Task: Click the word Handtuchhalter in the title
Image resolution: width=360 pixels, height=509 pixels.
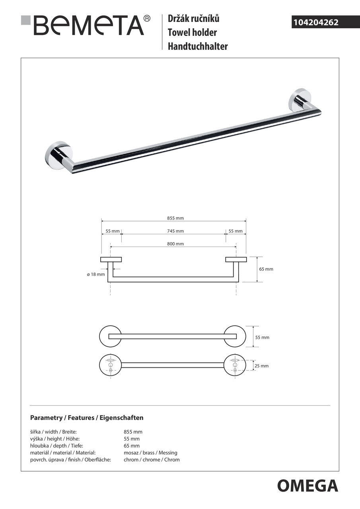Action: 198,46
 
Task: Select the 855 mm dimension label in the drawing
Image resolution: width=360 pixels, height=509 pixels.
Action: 175,218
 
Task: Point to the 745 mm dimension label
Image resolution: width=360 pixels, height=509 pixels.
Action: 175,231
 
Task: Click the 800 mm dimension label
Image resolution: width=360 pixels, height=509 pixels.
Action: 175,244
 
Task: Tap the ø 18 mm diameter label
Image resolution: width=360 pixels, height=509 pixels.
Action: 96,274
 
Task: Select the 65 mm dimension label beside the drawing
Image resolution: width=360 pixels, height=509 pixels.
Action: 266,269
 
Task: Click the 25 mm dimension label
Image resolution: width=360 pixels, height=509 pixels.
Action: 262,366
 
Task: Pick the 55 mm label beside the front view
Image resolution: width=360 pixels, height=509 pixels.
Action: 262,337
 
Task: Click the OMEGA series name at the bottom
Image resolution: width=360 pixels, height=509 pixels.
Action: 307,486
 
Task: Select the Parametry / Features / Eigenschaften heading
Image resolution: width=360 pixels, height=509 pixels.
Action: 87,418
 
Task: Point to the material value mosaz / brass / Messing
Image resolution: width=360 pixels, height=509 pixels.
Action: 150,453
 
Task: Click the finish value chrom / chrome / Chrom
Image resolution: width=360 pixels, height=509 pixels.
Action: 152,460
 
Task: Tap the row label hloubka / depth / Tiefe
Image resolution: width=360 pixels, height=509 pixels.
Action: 56,446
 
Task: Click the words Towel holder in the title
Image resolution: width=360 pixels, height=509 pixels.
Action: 192,32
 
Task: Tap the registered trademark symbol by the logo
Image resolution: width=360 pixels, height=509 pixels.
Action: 147,18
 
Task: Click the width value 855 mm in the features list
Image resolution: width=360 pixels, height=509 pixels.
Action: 133,432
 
